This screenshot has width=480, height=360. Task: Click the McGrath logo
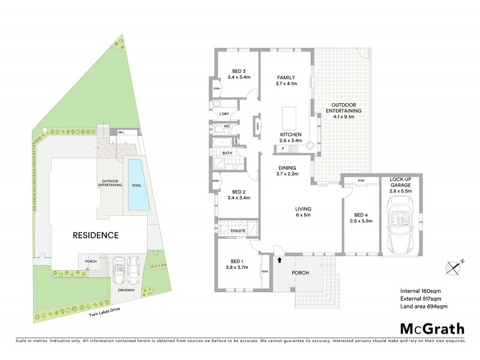pyautogui.click(x=431, y=328)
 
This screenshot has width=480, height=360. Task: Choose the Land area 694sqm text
pyautogui.click(x=424, y=307)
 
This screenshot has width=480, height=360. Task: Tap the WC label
pyautogui.click(x=228, y=127)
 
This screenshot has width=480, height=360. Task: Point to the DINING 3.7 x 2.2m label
pyautogui.click(x=286, y=171)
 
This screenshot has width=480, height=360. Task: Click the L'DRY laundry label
pyautogui.click(x=225, y=114)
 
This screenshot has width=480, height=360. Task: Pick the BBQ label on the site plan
pyautogui.click(x=121, y=132)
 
